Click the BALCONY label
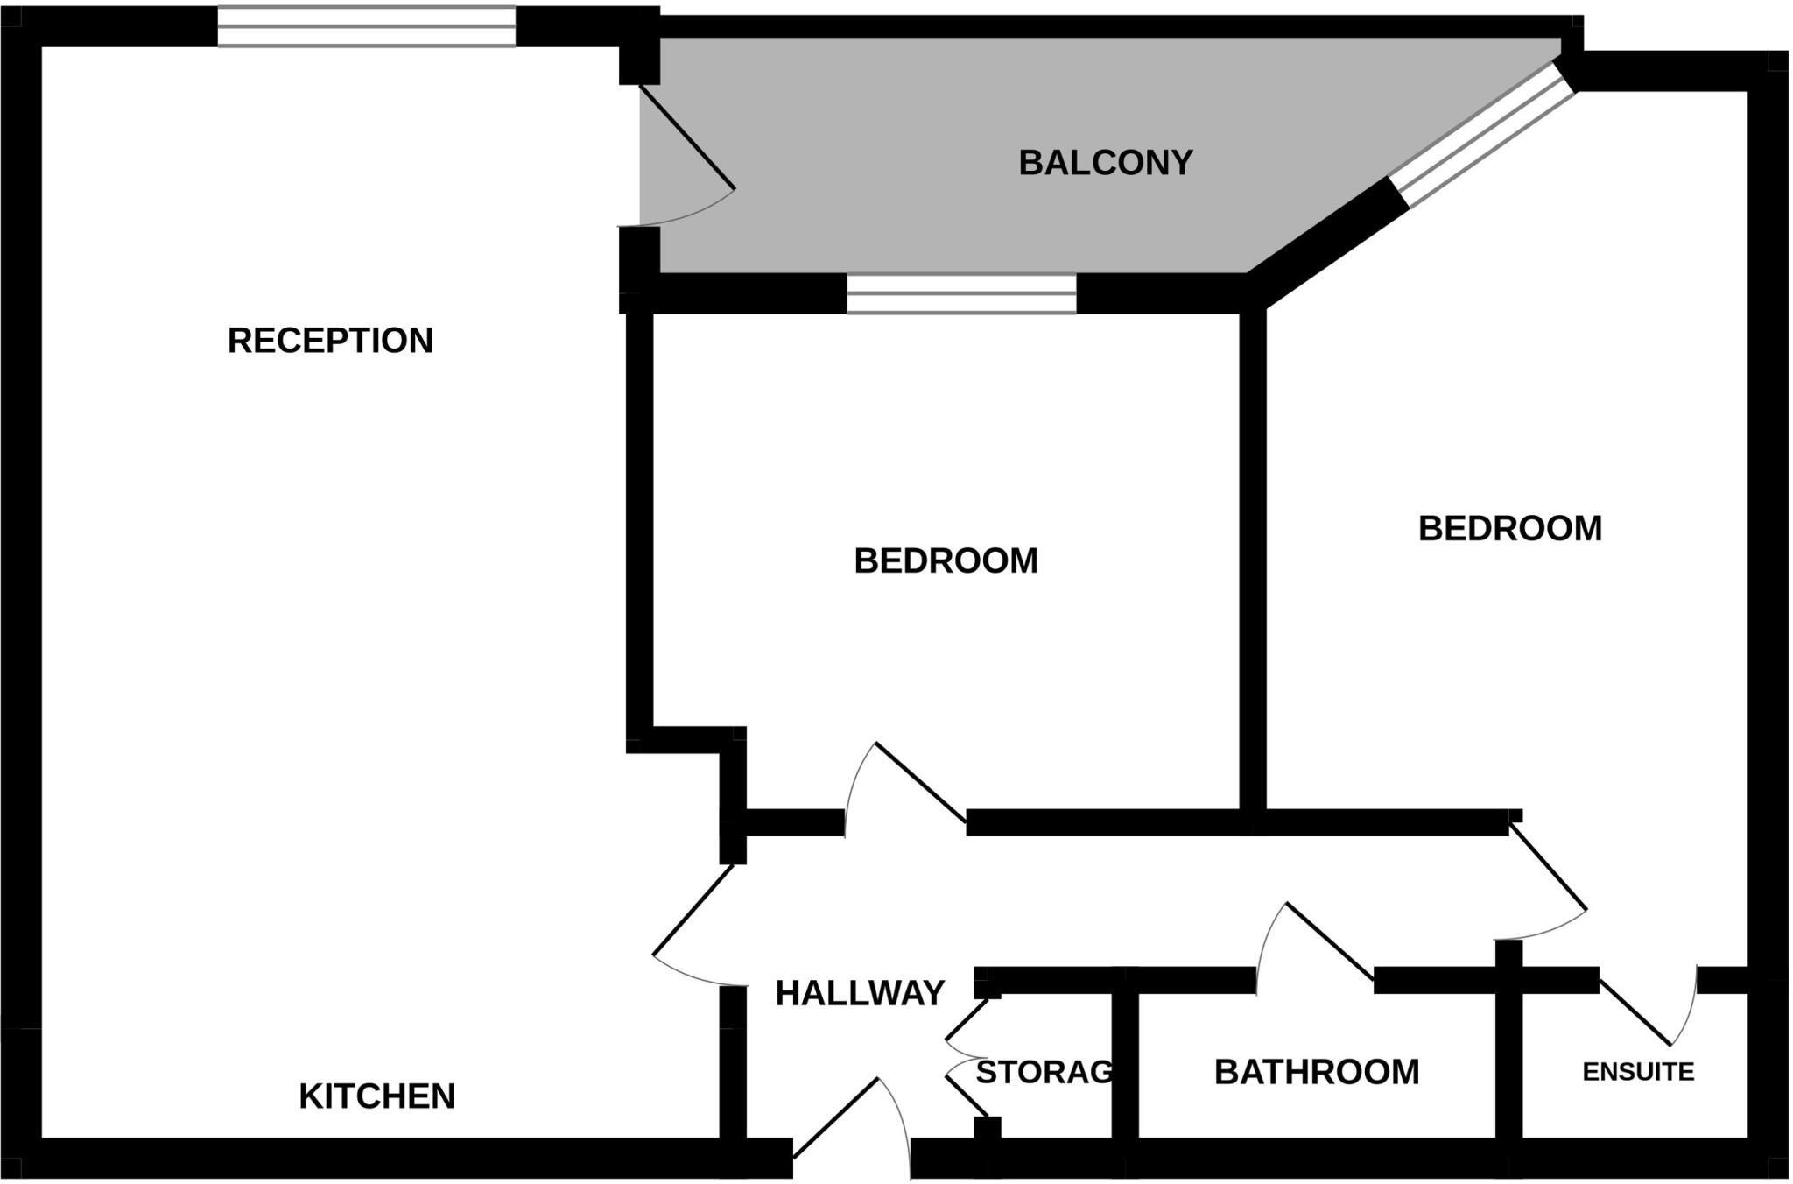pyautogui.click(x=1105, y=163)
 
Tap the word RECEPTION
pyautogui.click(x=330, y=341)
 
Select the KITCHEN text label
pyautogui.click(x=376, y=1096)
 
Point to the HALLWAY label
pyautogui.click(x=860, y=993)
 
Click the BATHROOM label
pyautogui.click(x=1316, y=1072)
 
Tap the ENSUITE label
pyautogui.click(x=1638, y=1072)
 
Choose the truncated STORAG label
pyautogui.click(x=1044, y=1072)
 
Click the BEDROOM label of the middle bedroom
pyautogui.click(x=946, y=560)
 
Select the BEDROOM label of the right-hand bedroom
pyautogui.click(x=1509, y=529)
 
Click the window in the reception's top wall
pyautogui.click(x=366, y=26)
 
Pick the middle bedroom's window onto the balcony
pyautogui.click(x=960, y=293)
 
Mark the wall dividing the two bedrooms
pyautogui.click(x=1253, y=560)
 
